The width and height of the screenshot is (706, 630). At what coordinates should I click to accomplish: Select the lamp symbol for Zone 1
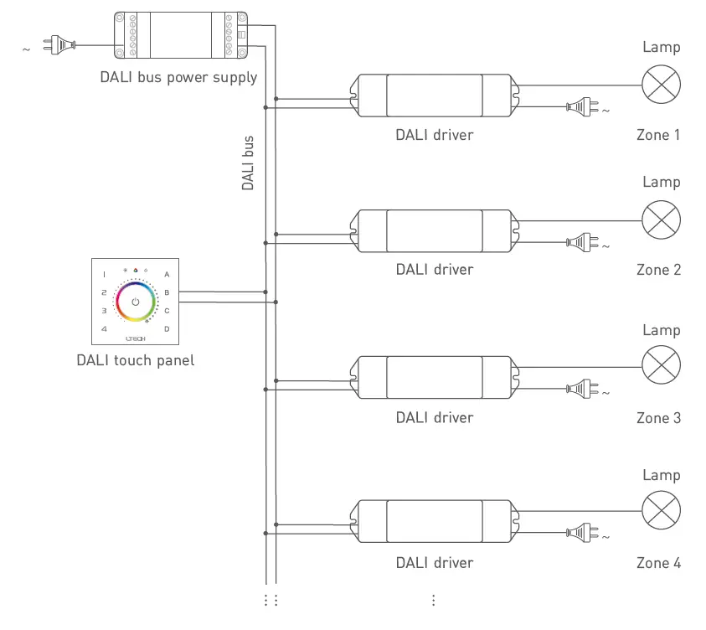click(661, 85)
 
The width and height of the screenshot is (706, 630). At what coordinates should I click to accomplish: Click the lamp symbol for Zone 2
click(661, 220)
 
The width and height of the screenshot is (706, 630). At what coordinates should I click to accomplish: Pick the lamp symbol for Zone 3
click(661, 366)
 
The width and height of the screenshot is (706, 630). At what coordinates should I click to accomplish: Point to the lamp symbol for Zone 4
click(661, 511)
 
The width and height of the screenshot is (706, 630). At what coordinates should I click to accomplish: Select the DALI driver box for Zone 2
click(434, 230)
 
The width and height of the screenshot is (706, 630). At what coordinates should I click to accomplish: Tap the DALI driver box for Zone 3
click(434, 377)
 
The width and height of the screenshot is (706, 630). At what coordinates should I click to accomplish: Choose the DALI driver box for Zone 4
click(434, 522)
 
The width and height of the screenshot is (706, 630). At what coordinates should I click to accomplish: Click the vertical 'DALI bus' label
click(248, 163)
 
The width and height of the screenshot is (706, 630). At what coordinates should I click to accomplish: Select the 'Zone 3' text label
click(658, 417)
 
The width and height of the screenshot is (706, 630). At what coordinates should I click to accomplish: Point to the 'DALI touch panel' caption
click(135, 361)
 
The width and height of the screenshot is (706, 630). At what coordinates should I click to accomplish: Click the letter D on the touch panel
click(167, 328)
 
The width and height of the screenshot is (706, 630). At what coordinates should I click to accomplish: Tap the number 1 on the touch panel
click(104, 274)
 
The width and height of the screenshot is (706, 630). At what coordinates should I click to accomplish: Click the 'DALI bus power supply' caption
click(178, 77)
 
